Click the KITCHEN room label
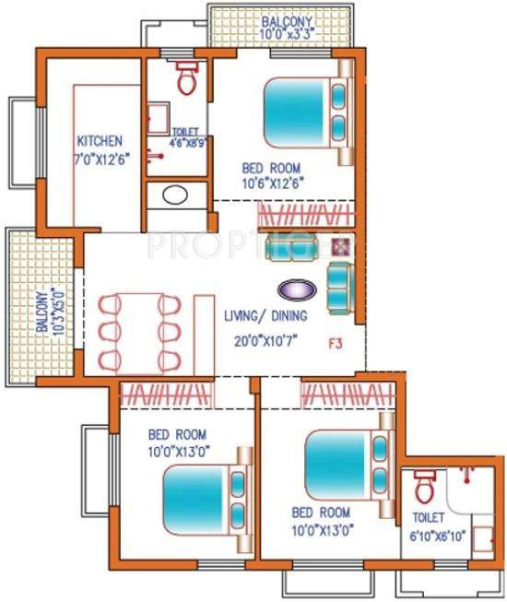99,141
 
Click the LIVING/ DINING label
266,315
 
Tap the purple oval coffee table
297,289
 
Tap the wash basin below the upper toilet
173,195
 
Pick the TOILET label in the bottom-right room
429,518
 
